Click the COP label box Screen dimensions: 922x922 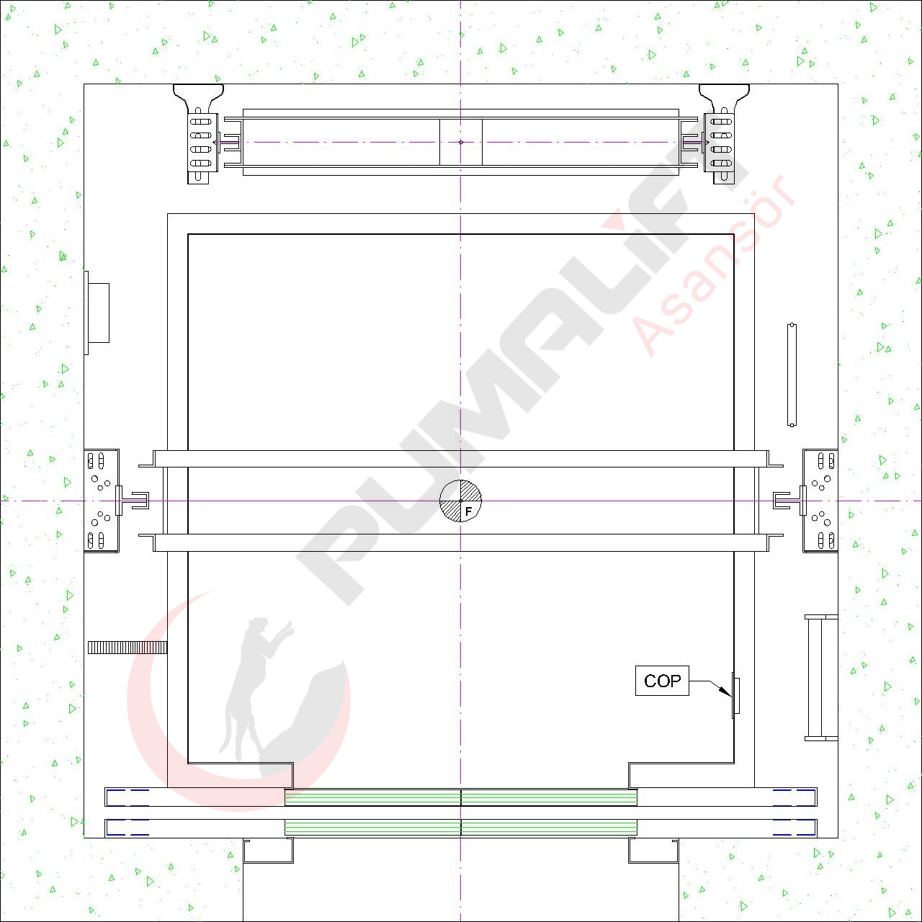(x=662, y=681)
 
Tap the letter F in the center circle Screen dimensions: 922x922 (x=468, y=511)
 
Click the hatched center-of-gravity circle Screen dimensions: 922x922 (x=461, y=501)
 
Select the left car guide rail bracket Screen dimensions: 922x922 (x=102, y=501)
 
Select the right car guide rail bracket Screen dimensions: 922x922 (x=820, y=501)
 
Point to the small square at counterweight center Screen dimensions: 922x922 (x=461, y=142)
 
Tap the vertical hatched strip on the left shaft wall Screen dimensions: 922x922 (x=127, y=648)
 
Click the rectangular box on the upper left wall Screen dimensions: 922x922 (x=99, y=313)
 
